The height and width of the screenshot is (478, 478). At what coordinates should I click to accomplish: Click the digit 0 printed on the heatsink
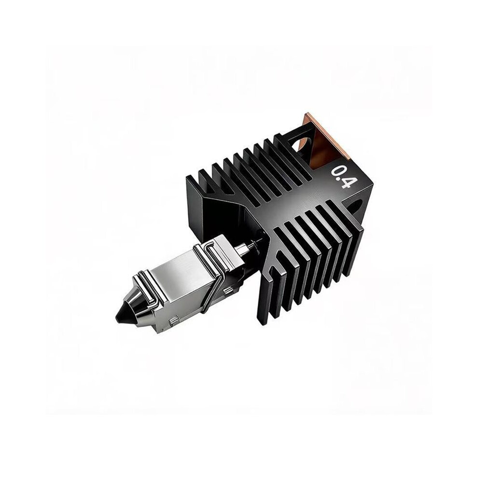click(337, 172)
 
